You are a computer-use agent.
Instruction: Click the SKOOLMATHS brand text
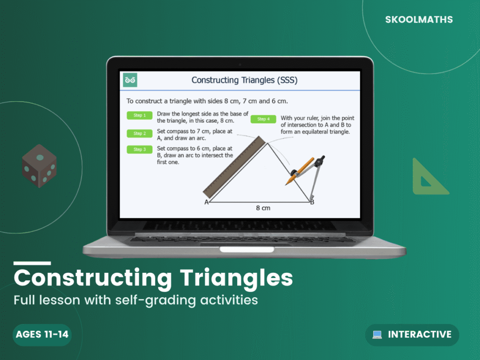point(419,20)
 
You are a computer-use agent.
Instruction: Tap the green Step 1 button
point(139,115)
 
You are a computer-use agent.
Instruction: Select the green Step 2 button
point(139,134)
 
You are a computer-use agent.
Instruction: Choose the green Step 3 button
point(139,150)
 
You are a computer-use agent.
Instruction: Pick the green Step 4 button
point(264,119)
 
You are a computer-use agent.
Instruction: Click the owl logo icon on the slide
point(130,80)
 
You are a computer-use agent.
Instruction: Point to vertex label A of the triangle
point(206,202)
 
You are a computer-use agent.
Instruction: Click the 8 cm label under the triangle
point(263,208)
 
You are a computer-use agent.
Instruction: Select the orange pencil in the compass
point(300,171)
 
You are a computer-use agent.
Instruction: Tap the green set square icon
point(427,178)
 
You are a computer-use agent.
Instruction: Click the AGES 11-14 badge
point(42,335)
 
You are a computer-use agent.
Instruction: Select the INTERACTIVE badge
point(412,335)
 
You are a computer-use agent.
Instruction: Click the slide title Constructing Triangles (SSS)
point(244,80)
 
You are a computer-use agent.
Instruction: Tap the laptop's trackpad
point(240,249)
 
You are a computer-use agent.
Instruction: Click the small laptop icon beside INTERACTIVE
point(377,335)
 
